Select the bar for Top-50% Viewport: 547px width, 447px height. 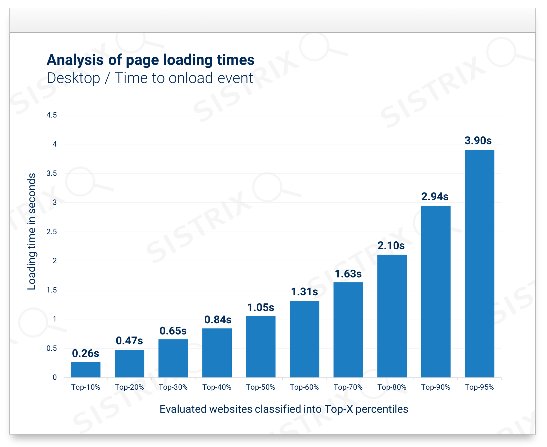[261, 347]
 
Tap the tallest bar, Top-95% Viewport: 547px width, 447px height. [480, 264]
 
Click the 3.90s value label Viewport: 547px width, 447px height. [478, 141]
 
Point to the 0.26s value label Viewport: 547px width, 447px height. [86, 353]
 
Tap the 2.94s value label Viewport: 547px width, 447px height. [435, 197]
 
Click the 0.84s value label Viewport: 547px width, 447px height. [218, 320]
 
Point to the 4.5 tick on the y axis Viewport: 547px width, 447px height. [51, 115]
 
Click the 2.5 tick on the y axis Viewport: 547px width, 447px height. [51, 232]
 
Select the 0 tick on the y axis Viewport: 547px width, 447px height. [55, 378]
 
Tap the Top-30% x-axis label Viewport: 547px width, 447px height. [173, 387]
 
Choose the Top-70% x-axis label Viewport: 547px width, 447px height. [348, 387]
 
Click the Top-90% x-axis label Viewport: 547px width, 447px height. [436, 387]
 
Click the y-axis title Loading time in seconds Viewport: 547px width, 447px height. [32, 232]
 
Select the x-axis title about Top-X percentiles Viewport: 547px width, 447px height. [284, 409]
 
